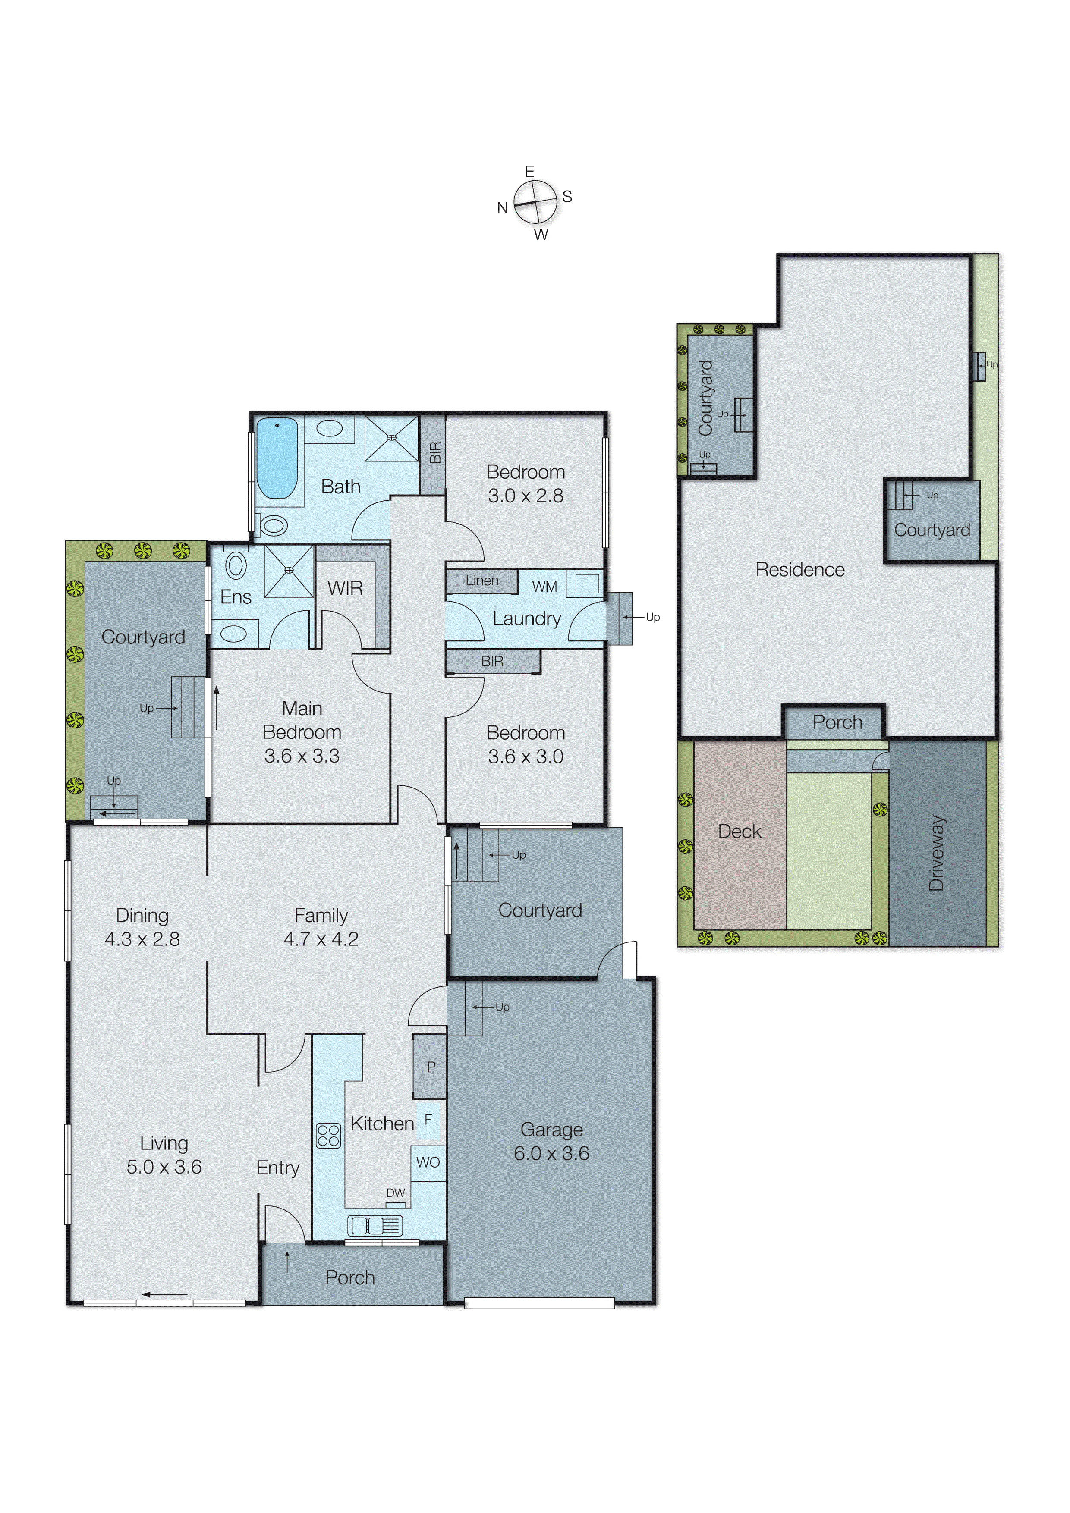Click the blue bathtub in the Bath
(x=277, y=458)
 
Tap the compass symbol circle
(x=535, y=202)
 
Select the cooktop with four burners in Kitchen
(x=328, y=1136)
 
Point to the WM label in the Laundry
(x=544, y=587)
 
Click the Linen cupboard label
(x=482, y=581)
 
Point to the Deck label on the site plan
(x=739, y=832)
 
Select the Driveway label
(x=937, y=854)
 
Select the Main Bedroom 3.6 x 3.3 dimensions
(x=302, y=756)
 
